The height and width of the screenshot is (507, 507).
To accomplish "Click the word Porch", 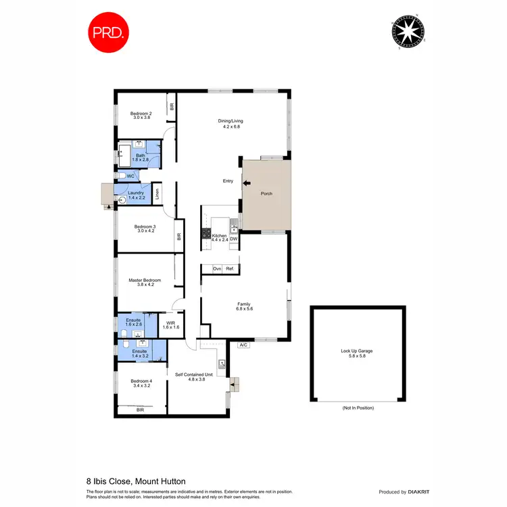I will click(x=267, y=194).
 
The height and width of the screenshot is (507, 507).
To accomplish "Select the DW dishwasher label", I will click(x=233, y=239).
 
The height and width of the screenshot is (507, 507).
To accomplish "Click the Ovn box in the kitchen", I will click(x=217, y=269).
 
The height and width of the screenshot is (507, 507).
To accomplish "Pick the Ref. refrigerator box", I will click(x=230, y=269).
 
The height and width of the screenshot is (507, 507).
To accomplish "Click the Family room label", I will click(x=244, y=306).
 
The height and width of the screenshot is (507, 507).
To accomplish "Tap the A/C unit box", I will click(x=243, y=345).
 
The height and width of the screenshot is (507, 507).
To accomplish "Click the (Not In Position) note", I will click(x=358, y=408).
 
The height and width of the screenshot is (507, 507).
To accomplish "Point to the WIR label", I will click(x=171, y=325).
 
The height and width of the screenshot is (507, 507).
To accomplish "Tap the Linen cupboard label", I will click(x=156, y=193).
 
